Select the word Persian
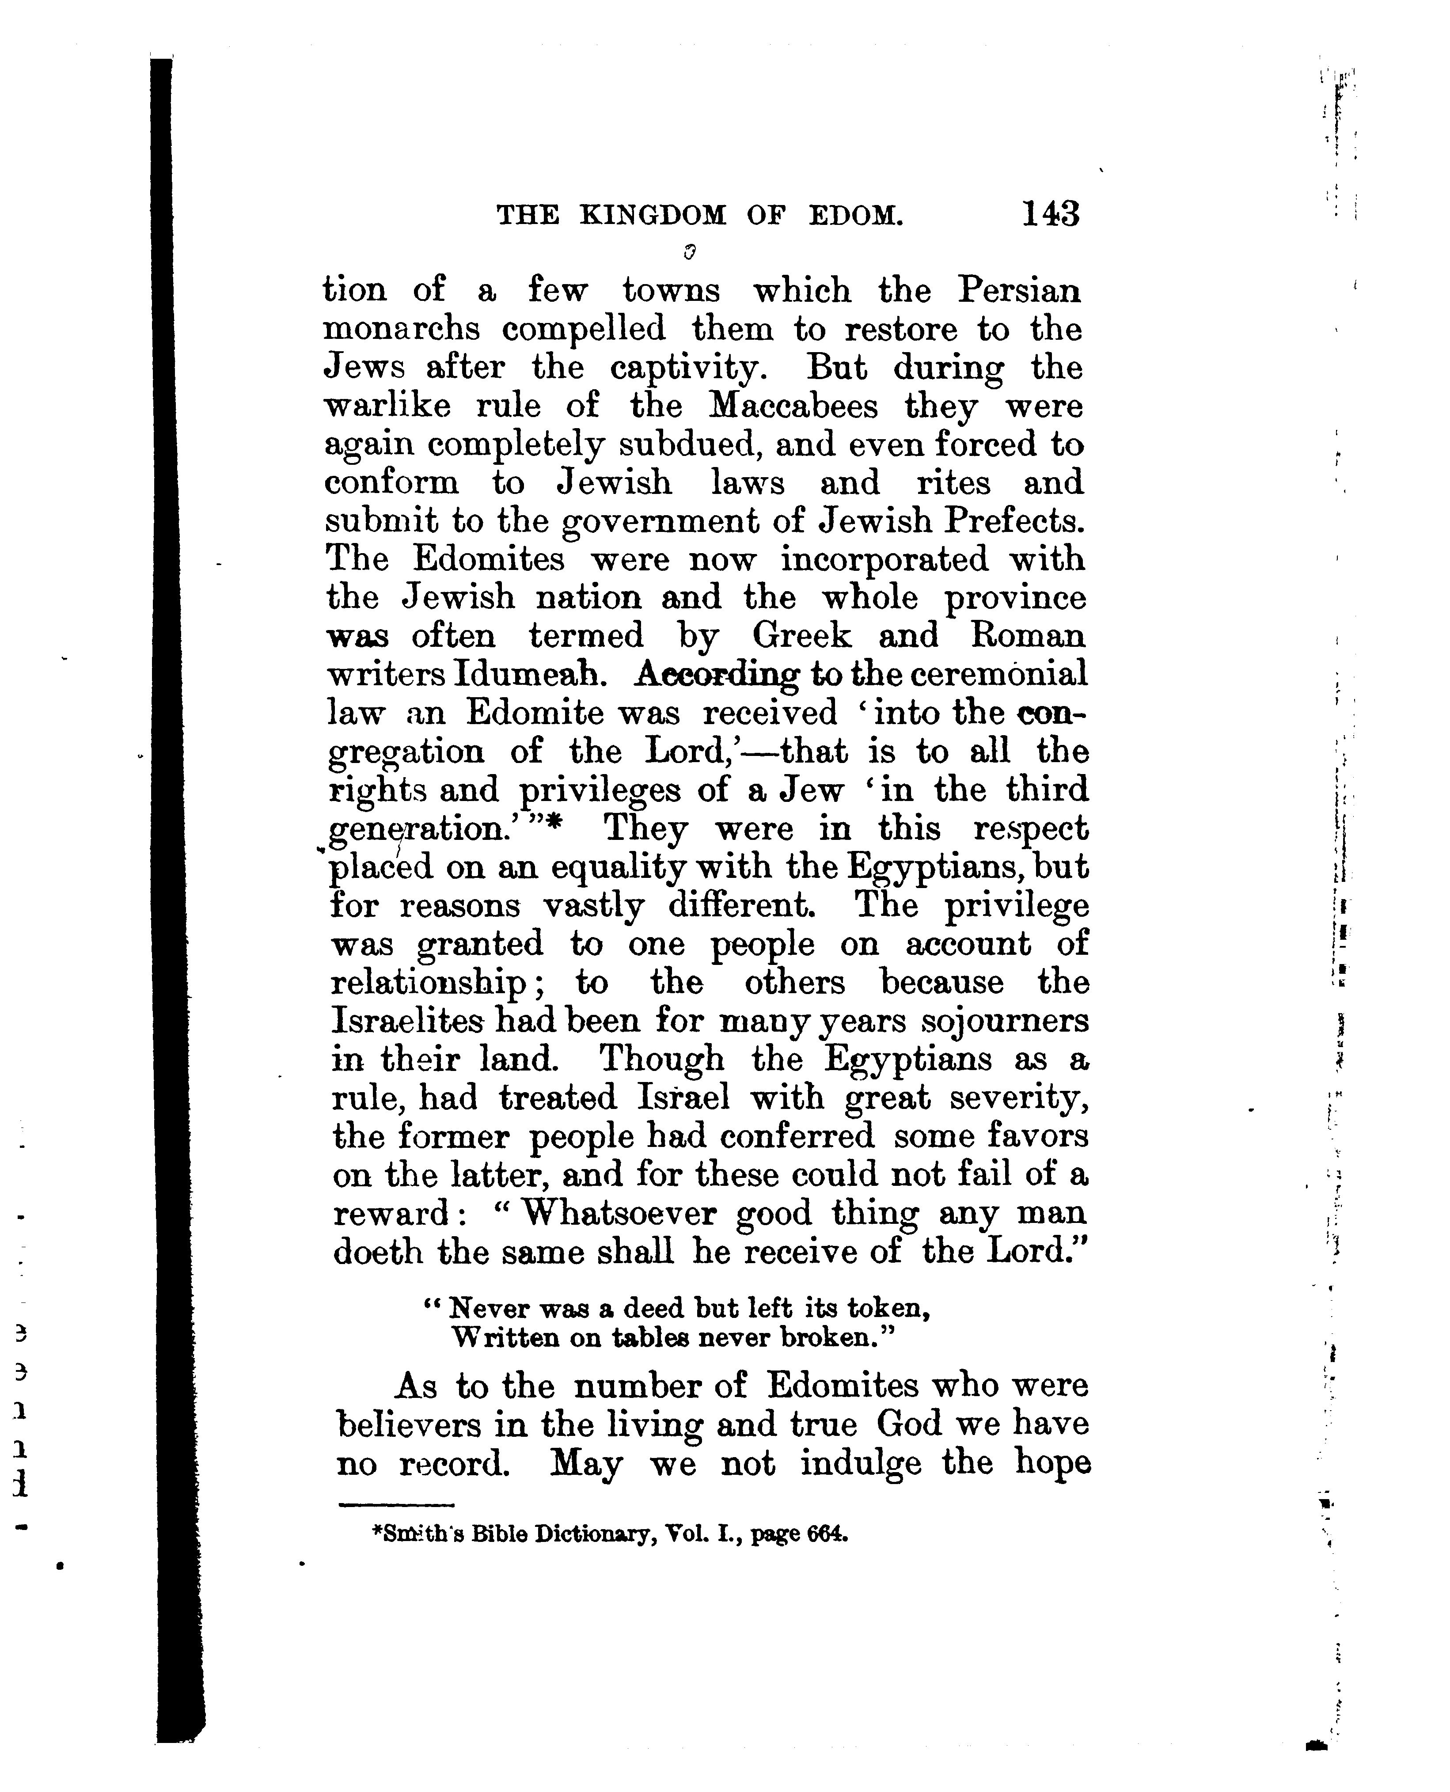pyautogui.click(x=1018, y=291)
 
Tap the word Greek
pyautogui.click(x=802, y=636)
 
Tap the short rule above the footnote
pyautogui.click(x=396, y=1506)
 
